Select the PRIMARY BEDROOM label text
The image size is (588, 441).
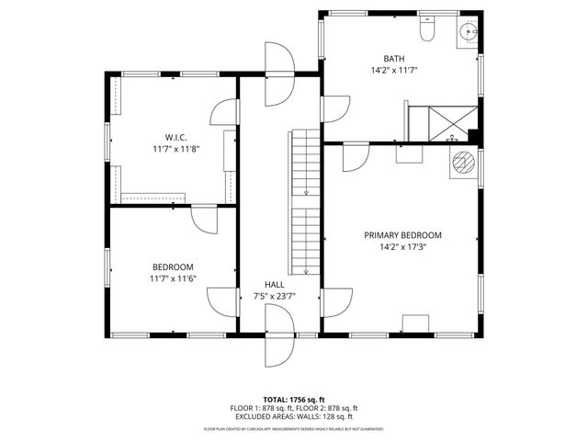pos(402,235)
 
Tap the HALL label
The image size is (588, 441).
pos(275,285)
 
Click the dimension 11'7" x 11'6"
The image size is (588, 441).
pos(174,277)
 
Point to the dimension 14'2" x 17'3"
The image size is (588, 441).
pos(402,247)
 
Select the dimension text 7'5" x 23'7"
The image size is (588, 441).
pos(275,296)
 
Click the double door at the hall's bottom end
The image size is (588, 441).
pos(278,335)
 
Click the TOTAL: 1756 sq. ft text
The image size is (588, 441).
pos(294,399)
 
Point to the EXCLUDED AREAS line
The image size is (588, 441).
pos(294,416)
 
